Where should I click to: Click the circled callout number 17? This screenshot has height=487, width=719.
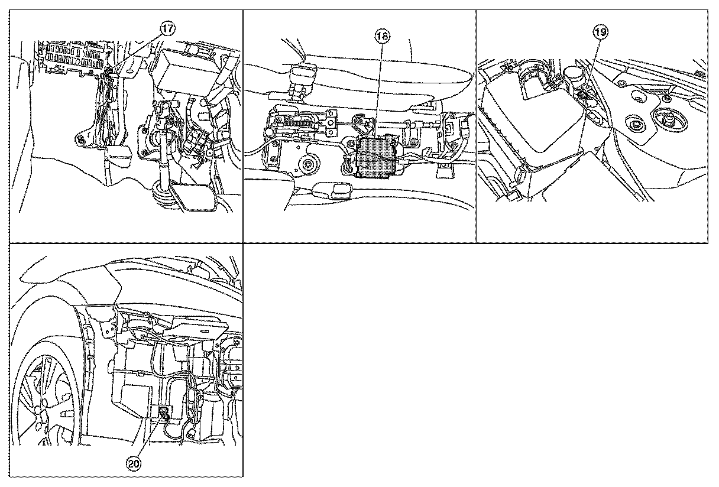point(167,29)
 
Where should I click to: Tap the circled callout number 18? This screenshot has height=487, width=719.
point(382,36)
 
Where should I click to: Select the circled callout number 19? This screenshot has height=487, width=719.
point(601,32)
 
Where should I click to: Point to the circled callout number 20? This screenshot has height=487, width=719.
point(134,463)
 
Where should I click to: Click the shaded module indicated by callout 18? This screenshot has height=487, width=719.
point(374,157)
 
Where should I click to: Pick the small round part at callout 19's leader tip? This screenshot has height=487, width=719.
point(581,95)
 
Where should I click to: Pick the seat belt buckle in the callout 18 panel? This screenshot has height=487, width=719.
point(303,78)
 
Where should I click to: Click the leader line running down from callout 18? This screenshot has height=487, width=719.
point(379,89)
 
